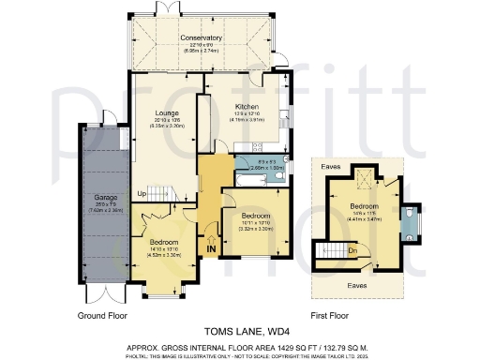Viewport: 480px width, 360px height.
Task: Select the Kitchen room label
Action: (246, 107)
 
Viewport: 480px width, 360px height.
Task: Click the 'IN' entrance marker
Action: (211, 249)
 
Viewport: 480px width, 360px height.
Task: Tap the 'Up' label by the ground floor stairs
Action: (142, 194)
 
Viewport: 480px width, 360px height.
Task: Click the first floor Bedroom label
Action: (364, 205)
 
